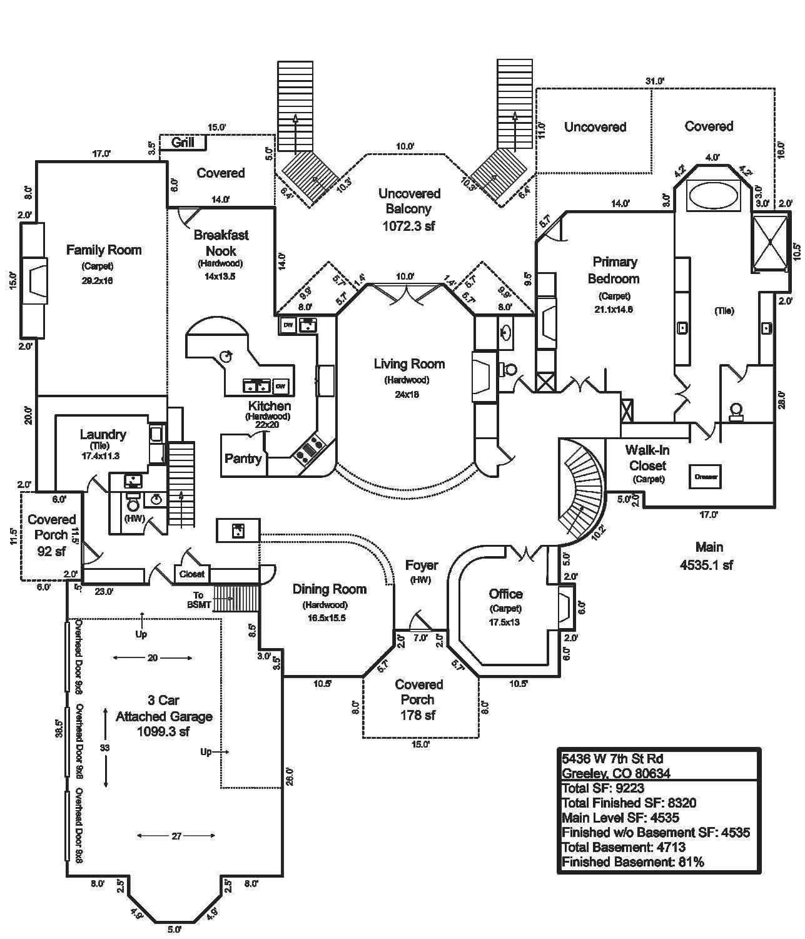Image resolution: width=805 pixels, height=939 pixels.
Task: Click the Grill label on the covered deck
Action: [x=183, y=143]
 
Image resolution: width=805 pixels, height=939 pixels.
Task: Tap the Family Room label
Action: [x=104, y=250]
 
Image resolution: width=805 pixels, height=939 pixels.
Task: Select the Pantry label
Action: [x=243, y=459]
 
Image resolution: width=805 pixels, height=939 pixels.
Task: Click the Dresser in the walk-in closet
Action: [x=706, y=477]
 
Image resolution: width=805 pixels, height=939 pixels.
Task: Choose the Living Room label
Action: [x=409, y=364]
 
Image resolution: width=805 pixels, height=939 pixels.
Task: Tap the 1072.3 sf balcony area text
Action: [x=408, y=226]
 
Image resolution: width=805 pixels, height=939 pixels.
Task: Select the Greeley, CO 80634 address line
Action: [x=615, y=773]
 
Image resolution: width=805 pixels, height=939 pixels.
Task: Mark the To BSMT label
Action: [x=198, y=599]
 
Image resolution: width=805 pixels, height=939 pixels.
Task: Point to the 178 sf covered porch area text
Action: [x=418, y=715]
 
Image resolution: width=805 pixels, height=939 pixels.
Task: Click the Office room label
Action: [x=505, y=594]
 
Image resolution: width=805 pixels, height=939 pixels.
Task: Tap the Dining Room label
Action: [x=329, y=589]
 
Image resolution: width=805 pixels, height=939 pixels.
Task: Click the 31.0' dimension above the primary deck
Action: [x=655, y=81]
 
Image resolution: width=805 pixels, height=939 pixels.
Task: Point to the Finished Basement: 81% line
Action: [x=633, y=862]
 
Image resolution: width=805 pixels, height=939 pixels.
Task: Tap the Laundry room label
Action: [x=103, y=435]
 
